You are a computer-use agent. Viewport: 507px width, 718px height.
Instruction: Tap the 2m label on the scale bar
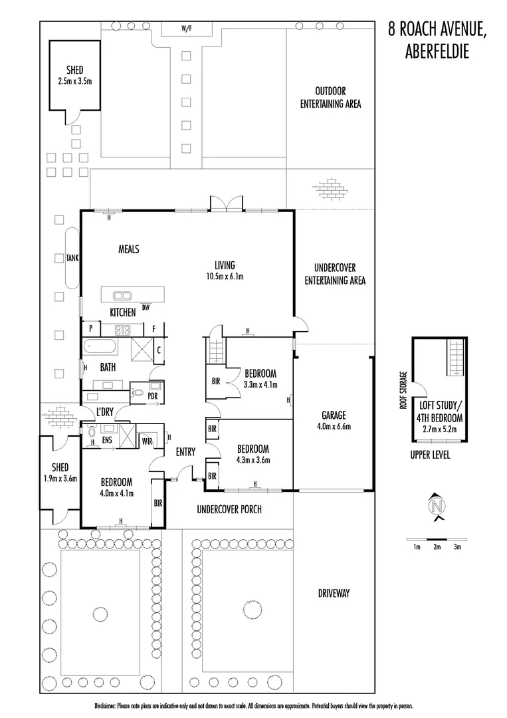pos(437,547)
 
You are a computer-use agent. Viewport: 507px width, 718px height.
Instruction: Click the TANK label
pos(72,259)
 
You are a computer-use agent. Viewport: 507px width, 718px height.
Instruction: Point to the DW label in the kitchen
pos(146,306)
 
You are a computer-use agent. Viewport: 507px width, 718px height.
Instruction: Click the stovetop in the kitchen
pos(123,328)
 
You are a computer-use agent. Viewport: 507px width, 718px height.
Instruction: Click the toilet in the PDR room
pos(138,393)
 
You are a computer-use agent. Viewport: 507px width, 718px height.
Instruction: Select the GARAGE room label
pos(334,416)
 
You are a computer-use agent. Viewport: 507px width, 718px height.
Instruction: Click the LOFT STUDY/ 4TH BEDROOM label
pos(440,411)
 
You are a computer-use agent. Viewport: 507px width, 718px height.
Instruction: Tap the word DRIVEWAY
pos(334,593)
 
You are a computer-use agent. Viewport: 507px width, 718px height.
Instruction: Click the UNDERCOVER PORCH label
pos(229,510)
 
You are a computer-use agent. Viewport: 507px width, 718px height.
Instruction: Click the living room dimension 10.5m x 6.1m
pos(225,275)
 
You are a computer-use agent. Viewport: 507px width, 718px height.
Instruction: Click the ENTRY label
pos(185,453)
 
